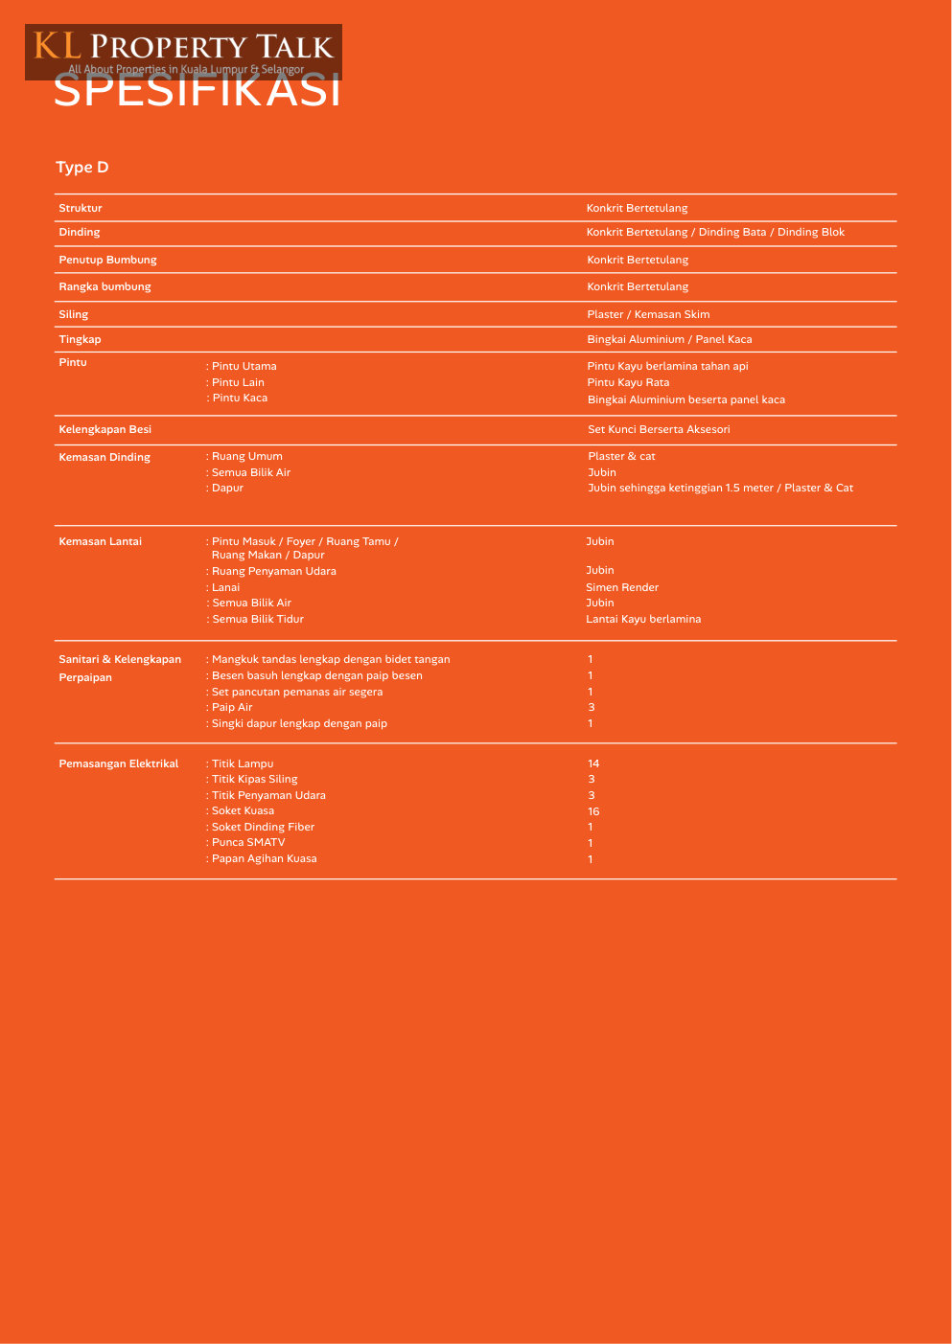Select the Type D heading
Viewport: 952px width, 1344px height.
click(x=82, y=168)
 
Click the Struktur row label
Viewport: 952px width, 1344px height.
click(x=81, y=208)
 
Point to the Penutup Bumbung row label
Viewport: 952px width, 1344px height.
click(x=107, y=260)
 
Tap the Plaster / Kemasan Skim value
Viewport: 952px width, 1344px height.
click(x=648, y=314)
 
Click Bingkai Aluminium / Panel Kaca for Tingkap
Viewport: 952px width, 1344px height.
click(x=669, y=339)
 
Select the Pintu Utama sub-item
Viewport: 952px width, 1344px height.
click(x=244, y=366)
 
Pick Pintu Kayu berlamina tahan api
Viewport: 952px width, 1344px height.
click(x=667, y=366)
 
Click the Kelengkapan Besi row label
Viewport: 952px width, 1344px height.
click(x=104, y=429)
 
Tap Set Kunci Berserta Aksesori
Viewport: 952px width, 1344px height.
click(x=659, y=429)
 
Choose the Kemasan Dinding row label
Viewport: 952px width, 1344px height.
click(x=104, y=457)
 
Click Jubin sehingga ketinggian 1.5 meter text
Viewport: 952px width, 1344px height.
click(x=720, y=488)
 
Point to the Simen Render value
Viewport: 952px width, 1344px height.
click(x=622, y=587)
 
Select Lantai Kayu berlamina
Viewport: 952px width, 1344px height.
click(x=643, y=619)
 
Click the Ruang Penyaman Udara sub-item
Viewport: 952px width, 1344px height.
click(x=273, y=571)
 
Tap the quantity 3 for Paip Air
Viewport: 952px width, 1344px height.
click(x=592, y=707)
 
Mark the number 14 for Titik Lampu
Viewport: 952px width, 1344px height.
click(x=593, y=763)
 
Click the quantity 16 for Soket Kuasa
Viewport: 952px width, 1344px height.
click(x=593, y=811)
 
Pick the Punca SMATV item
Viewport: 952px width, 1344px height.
click(x=247, y=842)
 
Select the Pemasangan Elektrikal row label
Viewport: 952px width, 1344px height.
click(x=119, y=763)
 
